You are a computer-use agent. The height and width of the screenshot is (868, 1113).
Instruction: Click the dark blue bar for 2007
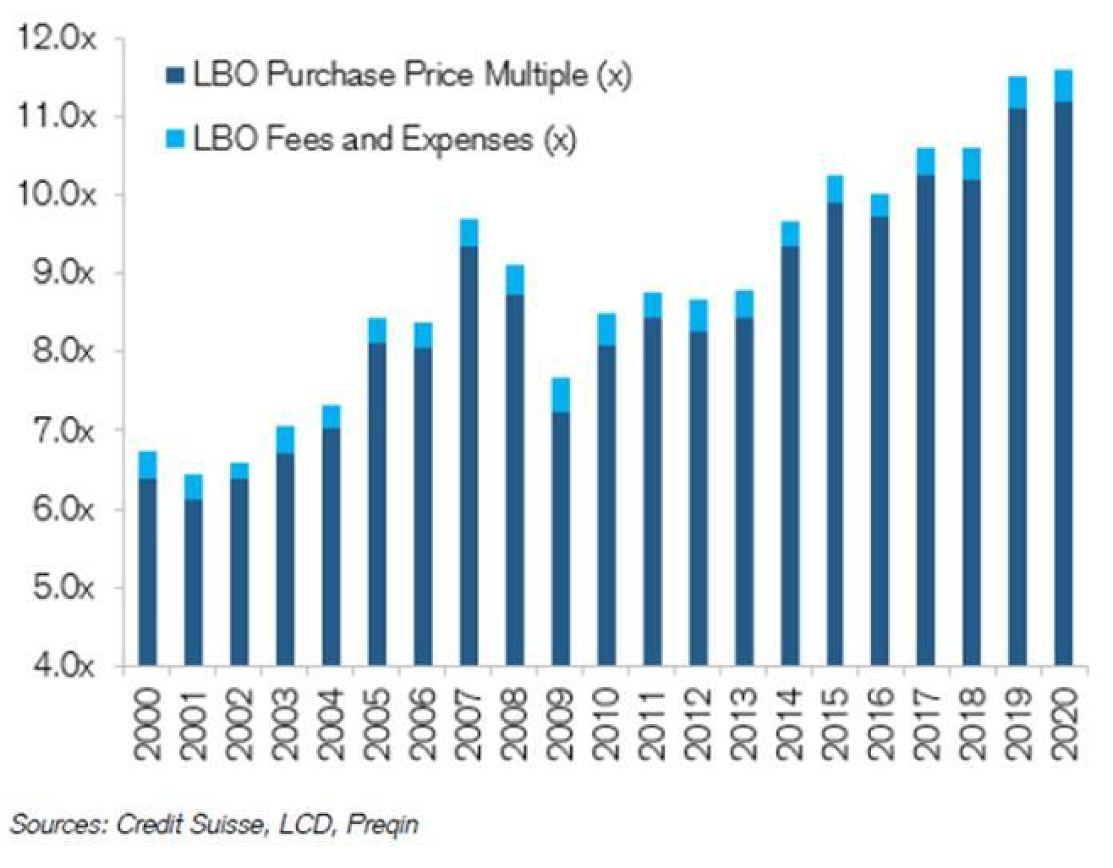pos(469,457)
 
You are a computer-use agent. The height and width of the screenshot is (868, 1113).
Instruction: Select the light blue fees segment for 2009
pos(561,395)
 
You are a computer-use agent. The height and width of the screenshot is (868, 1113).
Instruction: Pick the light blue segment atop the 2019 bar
pos(1017,92)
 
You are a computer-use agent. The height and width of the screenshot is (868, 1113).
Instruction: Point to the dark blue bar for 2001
pos(194,584)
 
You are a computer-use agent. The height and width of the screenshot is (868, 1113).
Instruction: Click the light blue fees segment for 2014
pos(789,234)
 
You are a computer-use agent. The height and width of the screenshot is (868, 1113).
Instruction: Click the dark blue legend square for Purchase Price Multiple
pos(174,77)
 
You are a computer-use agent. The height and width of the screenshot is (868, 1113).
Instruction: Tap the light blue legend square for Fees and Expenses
pos(174,139)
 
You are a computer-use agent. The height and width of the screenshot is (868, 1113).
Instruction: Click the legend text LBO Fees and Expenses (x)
pos(385,139)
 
